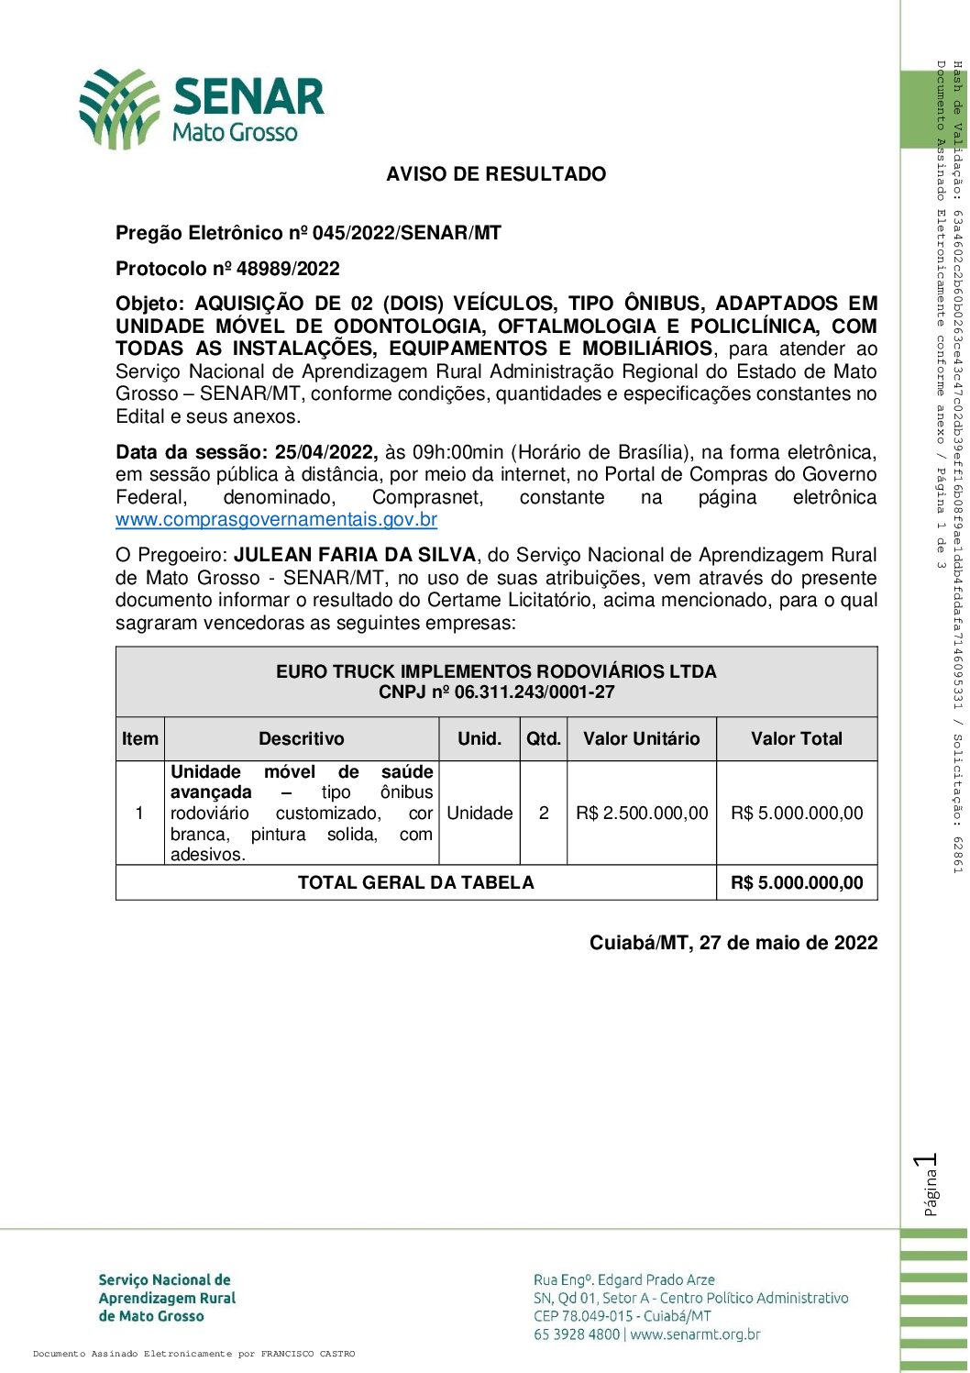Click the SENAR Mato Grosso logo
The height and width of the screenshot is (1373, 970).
202,108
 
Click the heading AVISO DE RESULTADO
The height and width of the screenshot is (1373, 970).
496,174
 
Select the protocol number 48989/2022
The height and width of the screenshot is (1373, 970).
288,269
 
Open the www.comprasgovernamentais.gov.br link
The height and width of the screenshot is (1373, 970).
276,520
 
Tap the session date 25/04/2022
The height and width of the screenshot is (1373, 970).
325,452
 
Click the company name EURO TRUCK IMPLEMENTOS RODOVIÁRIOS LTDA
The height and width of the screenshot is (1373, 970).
496,671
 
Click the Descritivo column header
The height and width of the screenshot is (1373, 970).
302,739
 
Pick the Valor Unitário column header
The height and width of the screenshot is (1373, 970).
642,739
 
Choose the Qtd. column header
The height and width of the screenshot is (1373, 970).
544,739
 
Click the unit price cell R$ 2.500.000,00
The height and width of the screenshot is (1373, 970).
642,814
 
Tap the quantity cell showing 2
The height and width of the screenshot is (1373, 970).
544,814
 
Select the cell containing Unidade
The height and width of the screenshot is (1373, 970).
479,814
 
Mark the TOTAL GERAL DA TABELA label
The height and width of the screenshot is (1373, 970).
415,883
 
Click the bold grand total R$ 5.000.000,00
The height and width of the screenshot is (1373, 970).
797,883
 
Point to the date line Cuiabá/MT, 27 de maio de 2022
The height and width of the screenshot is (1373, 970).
733,943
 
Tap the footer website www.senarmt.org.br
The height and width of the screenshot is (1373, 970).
696,1334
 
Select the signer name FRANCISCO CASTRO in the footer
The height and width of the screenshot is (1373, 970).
308,1354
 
